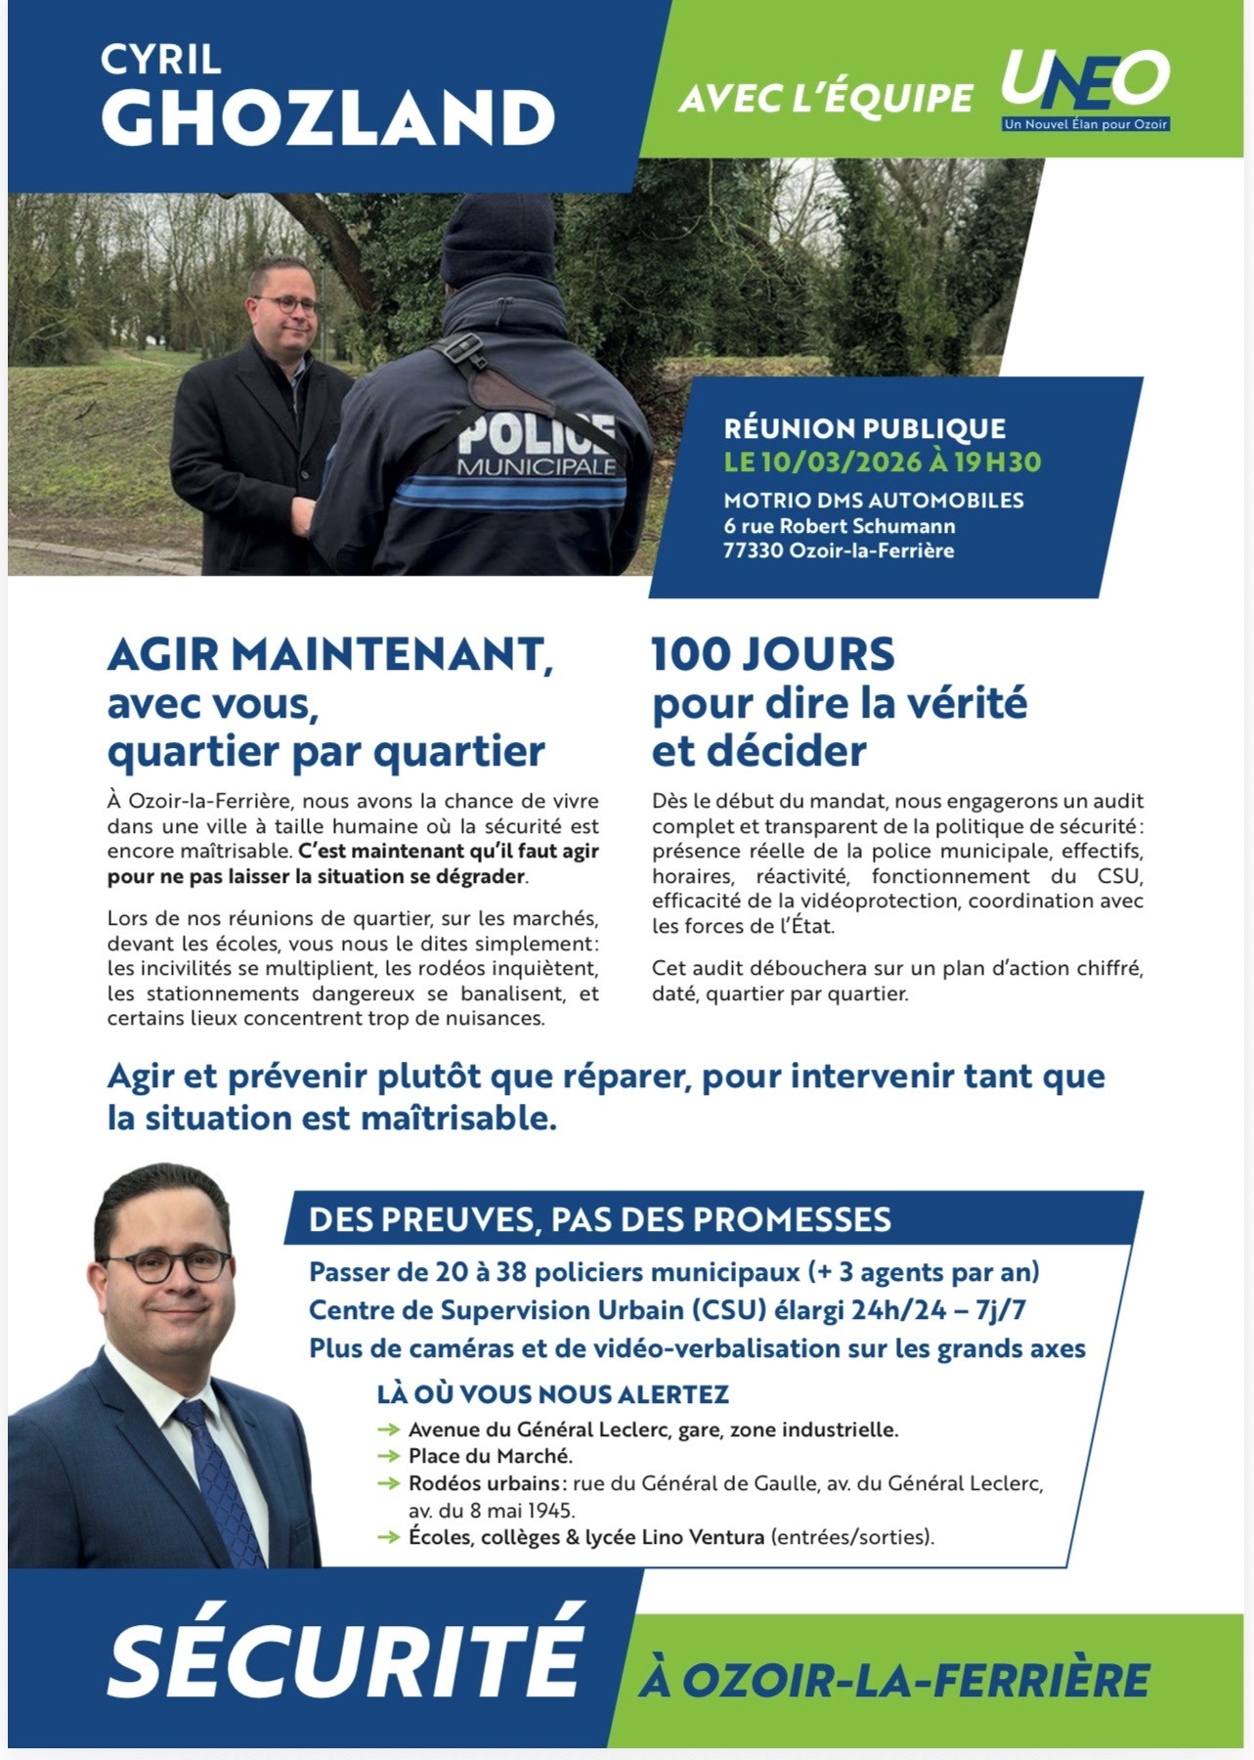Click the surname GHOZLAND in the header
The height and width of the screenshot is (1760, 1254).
[x=328, y=118]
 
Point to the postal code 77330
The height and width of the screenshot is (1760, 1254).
[x=753, y=550]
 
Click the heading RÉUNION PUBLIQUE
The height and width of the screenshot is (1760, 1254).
[x=864, y=428]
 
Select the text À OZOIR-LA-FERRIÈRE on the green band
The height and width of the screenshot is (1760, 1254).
[x=895, y=1681]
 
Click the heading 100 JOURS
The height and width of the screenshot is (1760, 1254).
[x=772, y=654]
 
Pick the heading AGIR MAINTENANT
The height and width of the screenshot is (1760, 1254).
[x=329, y=654]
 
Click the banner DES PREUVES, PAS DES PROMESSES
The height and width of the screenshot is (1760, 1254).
[x=599, y=1219]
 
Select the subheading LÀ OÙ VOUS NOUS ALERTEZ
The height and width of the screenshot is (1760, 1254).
[x=553, y=1393]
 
